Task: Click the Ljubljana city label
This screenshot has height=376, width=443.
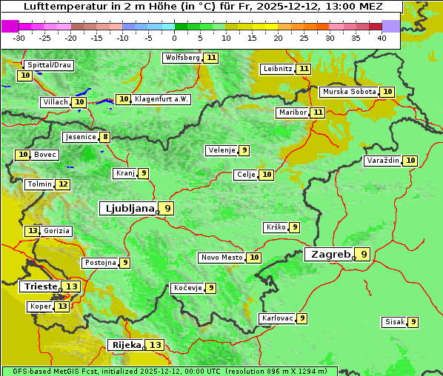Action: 128,209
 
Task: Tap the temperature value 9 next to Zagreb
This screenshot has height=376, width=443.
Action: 364,254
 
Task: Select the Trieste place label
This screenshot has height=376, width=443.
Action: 41,286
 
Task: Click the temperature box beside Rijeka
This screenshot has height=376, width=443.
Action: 156,345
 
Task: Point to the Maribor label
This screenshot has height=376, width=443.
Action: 291,113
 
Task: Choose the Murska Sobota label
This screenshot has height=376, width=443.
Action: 349,92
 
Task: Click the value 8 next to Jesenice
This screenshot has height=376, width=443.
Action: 105,137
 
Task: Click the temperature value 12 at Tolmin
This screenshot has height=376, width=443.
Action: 63,184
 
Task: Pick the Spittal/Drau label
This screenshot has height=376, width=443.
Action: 50,65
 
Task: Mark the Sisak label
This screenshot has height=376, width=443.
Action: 393,322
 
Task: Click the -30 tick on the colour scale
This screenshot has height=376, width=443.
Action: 19,38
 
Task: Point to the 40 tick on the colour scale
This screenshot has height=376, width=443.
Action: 382,38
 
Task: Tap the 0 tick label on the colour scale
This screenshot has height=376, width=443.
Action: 175,38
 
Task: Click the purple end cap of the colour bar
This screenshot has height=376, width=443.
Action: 390,26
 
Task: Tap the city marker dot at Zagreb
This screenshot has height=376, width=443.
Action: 354,258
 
